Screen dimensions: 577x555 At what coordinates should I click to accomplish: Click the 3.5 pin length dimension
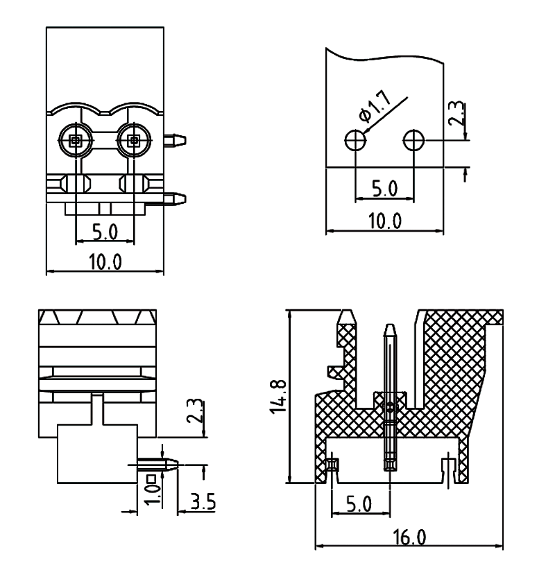[x=203, y=501]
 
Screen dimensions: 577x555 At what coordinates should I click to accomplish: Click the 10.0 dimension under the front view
[x=105, y=262]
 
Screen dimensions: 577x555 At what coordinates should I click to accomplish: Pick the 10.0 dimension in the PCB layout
[x=384, y=221]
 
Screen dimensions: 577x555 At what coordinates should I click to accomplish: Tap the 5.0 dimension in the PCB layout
[x=384, y=189]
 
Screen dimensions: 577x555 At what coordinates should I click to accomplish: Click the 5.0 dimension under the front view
[x=105, y=230]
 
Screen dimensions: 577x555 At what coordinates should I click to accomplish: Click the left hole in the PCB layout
[x=355, y=141]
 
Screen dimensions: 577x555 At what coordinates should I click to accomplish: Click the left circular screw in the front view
[x=75, y=141]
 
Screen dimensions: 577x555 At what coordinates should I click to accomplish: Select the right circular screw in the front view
[x=134, y=141]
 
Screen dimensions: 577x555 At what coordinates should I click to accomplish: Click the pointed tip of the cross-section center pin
[x=391, y=327]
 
